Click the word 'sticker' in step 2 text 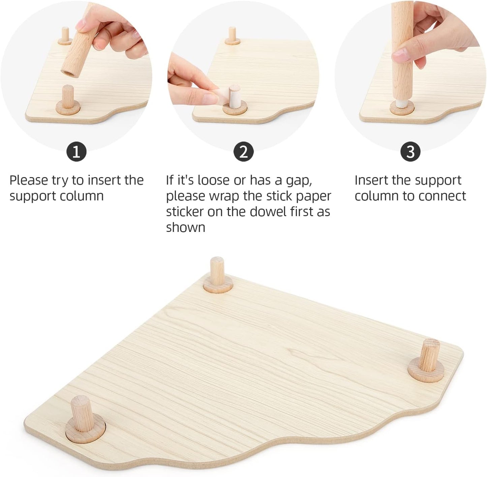pyautogui.click(x=185, y=212)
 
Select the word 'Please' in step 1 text pyautogui.click(x=29, y=180)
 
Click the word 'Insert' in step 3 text pyautogui.click(x=371, y=180)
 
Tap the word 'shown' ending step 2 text pyautogui.click(x=185, y=228)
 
